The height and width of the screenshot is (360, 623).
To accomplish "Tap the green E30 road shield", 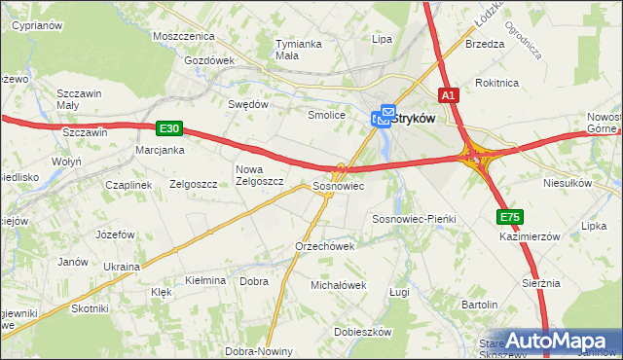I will [x=168, y=127].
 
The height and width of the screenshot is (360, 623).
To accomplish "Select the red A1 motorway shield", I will [x=448, y=95].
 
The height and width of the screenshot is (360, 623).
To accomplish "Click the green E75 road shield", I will [x=509, y=217].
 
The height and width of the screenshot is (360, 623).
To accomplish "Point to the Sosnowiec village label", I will [x=338, y=185].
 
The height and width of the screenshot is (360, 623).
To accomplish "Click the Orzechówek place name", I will [x=324, y=246].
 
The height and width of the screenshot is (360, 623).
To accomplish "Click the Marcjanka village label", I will [x=161, y=150].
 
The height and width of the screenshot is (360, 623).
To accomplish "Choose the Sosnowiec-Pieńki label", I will [x=415, y=220].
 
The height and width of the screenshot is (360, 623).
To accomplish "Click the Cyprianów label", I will [x=38, y=26].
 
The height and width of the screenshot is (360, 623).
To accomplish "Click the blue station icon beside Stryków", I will [x=383, y=118].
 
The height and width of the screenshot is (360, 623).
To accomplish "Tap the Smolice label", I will [x=327, y=115].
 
